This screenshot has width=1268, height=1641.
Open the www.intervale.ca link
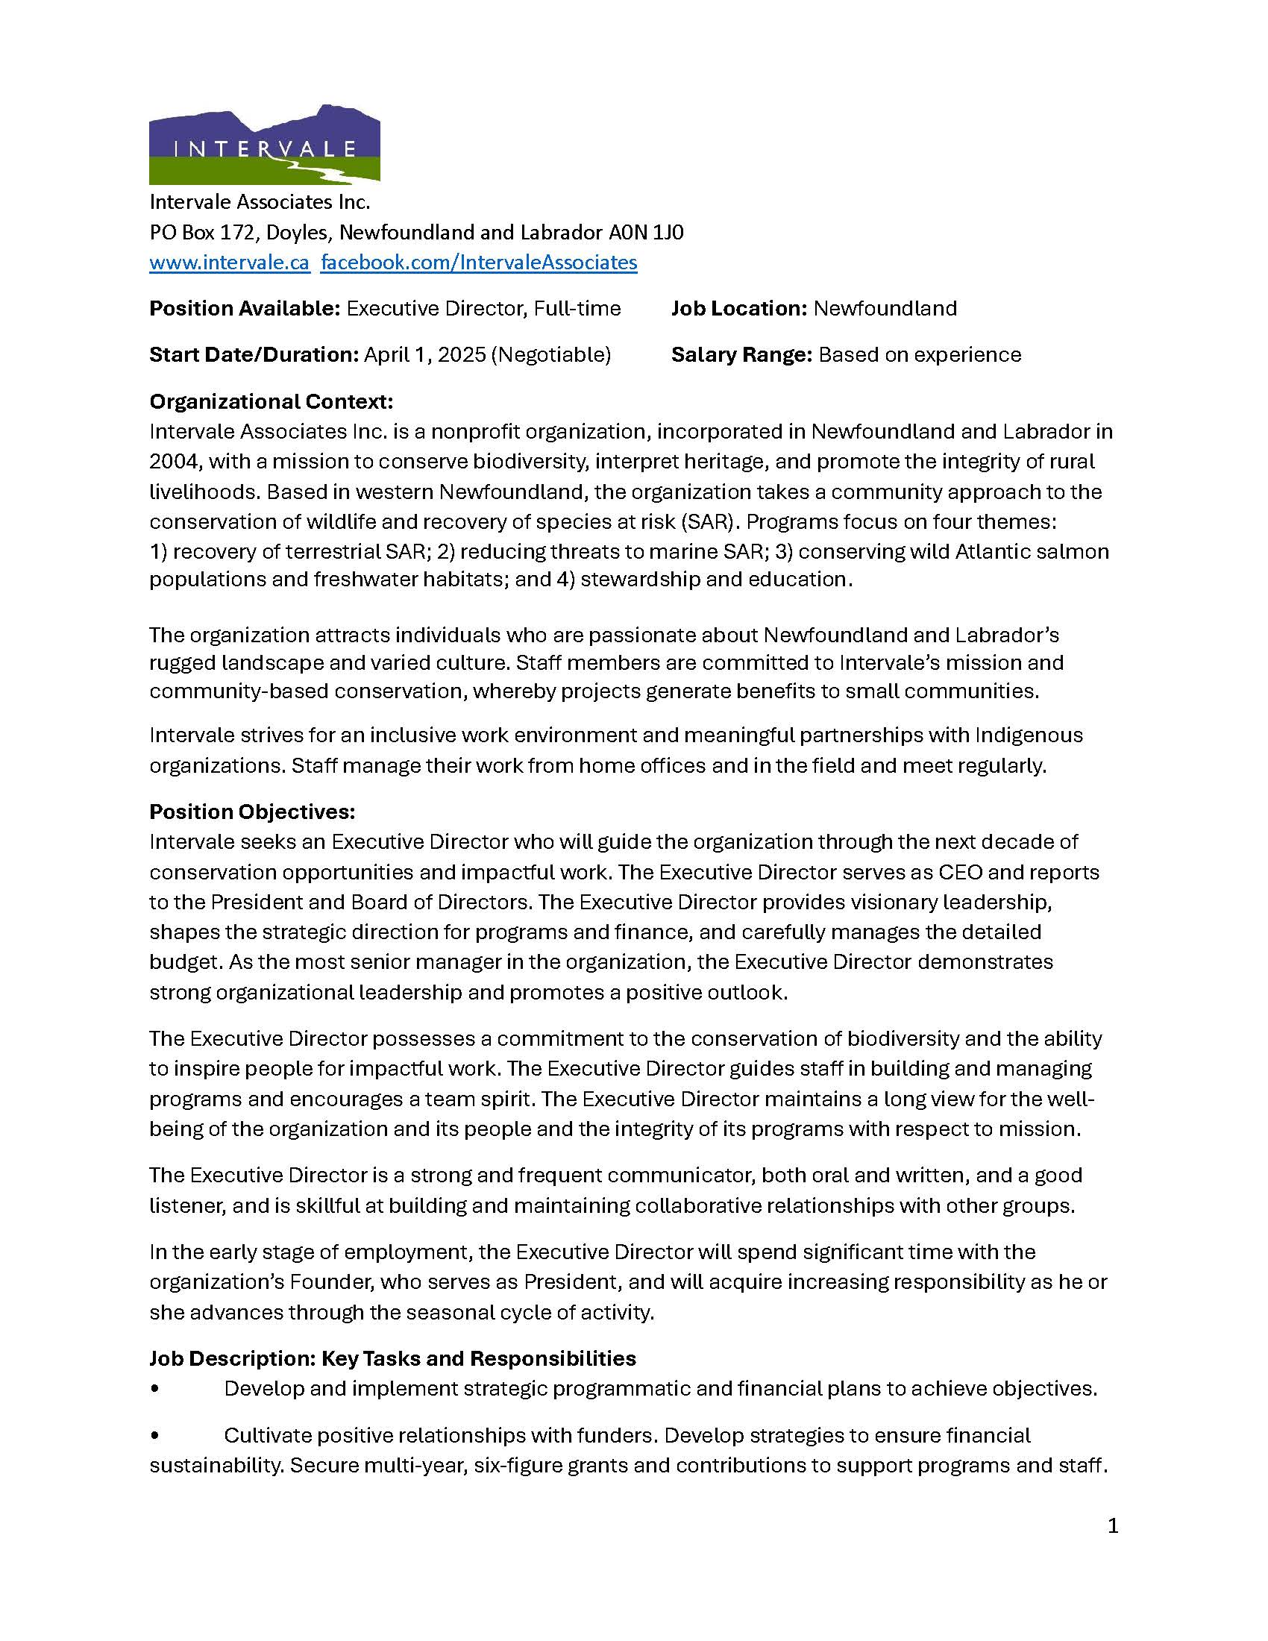click(x=229, y=263)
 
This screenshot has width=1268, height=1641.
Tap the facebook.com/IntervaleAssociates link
click(x=479, y=263)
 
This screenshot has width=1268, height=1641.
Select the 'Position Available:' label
click(x=245, y=309)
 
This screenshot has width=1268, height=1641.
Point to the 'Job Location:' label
click(x=739, y=309)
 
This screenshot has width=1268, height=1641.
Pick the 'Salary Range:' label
click(x=741, y=354)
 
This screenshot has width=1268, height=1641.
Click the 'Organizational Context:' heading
click(x=272, y=401)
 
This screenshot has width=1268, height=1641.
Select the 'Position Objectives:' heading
click(x=251, y=812)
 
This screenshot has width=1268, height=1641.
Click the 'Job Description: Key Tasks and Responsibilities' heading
click(x=392, y=1358)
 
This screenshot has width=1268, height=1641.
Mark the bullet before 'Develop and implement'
click(x=154, y=1390)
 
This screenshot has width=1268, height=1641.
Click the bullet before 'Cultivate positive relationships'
click(x=154, y=1436)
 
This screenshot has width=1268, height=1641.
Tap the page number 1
click(x=1113, y=1526)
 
